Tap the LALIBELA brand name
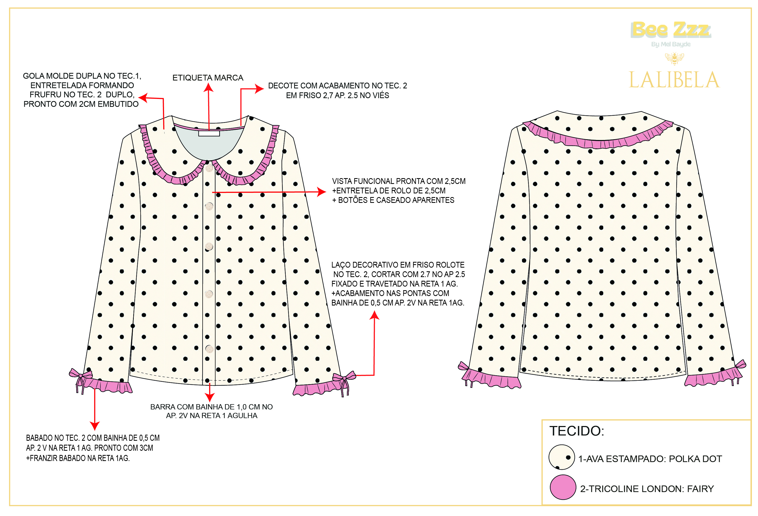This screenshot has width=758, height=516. coord(674,80)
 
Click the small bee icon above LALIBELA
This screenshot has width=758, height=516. coord(674,58)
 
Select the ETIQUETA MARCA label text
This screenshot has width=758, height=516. coord(208,78)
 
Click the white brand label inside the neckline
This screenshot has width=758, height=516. coord(209,133)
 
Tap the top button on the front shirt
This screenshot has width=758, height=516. coord(209,168)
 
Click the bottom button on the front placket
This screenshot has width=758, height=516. coord(209,349)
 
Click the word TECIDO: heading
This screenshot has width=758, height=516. coord(577,431)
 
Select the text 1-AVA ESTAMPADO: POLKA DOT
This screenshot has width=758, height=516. coord(650,459)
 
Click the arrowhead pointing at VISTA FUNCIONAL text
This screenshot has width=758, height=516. coord(322,192)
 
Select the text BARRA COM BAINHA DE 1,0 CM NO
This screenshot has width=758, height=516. coord(211,407)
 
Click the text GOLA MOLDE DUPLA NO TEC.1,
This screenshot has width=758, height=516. coord(82,76)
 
